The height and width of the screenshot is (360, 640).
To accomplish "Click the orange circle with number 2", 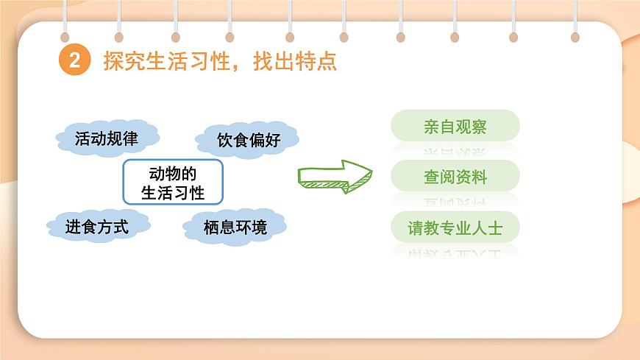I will tap(74, 62).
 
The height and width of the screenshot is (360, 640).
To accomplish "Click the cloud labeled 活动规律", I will tap(107, 138).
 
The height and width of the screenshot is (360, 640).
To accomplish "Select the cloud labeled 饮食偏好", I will tap(248, 140).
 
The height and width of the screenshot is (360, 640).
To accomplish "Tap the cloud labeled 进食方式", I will tap(97, 226).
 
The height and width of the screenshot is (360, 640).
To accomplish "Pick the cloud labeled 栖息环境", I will tap(235, 227).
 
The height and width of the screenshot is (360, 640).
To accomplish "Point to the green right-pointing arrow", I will tap(335, 177).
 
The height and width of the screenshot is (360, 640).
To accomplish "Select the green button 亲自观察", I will tap(455, 126).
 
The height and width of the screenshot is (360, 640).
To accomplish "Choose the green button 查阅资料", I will tap(455, 177).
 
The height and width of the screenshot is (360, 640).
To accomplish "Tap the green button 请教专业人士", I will tap(455, 227).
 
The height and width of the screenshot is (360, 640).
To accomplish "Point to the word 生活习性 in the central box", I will tap(172, 193).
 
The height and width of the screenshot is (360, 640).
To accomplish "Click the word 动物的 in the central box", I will tap(172, 174).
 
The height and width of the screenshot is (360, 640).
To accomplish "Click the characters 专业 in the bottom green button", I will tap(455, 227).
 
